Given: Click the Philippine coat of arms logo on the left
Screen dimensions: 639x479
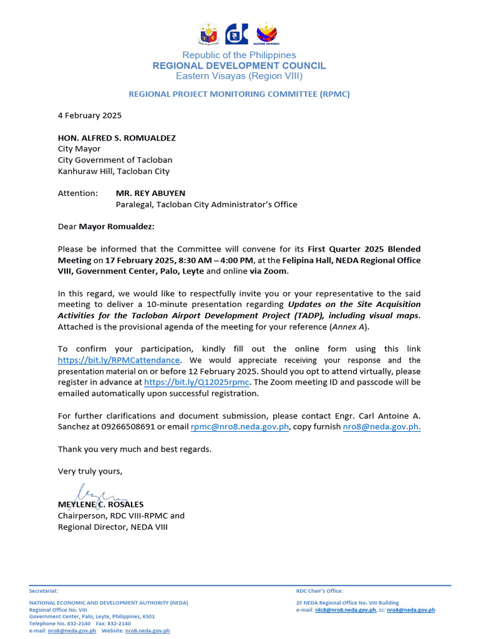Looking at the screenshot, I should point(208,34).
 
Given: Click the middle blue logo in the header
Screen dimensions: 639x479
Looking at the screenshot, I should point(237,34).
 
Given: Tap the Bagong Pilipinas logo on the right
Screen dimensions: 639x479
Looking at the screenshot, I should point(267,34).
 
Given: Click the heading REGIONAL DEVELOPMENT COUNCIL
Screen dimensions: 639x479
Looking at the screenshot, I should point(239,66).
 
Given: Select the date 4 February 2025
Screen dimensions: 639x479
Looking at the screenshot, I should point(90,115).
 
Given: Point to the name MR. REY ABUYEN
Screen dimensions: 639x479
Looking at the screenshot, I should point(150,193).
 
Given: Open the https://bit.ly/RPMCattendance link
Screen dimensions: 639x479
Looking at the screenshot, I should point(119,360).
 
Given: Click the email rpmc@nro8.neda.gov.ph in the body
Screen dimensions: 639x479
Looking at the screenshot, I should point(239,427).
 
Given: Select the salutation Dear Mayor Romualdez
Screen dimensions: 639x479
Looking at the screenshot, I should point(106,226).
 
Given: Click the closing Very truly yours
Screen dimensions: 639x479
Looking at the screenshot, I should point(90,471).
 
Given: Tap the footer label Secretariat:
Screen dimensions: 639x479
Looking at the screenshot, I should point(44,590).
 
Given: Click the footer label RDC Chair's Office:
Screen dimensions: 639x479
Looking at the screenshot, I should point(319,590).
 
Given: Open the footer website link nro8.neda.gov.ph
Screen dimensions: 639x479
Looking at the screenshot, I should point(147,631).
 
